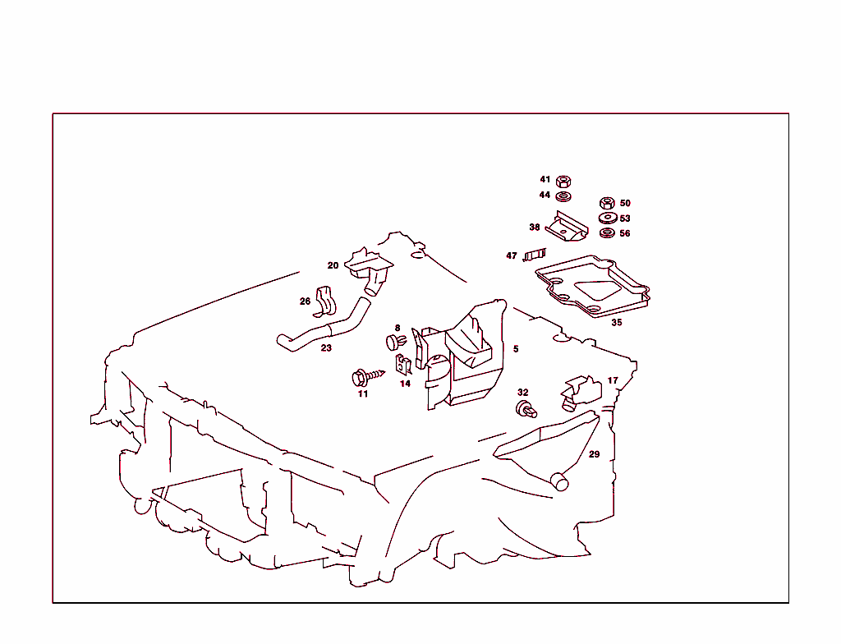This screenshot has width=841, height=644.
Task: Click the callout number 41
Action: click(545, 179)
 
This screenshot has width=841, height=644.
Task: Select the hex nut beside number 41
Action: click(563, 181)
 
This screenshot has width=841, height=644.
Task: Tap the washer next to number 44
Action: click(563, 196)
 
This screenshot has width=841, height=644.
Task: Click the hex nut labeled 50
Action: click(607, 202)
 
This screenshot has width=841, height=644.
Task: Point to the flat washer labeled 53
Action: click(607, 218)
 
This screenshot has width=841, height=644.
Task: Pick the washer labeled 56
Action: click(607, 233)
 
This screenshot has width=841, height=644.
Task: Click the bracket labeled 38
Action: click(568, 227)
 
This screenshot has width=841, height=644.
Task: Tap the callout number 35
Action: click(616, 323)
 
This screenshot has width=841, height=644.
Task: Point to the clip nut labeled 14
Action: click(403, 366)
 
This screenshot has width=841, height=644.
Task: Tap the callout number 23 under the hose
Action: click(326, 348)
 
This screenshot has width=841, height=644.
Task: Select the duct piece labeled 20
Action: click(370, 268)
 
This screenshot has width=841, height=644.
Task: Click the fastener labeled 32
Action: click(526, 409)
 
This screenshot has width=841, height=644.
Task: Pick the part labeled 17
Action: click(581, 392)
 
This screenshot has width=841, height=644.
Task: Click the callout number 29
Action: click(594, 454)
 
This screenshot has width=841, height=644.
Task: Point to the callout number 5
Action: click(516, 349)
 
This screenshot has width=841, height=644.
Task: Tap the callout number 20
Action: click(333, 265)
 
